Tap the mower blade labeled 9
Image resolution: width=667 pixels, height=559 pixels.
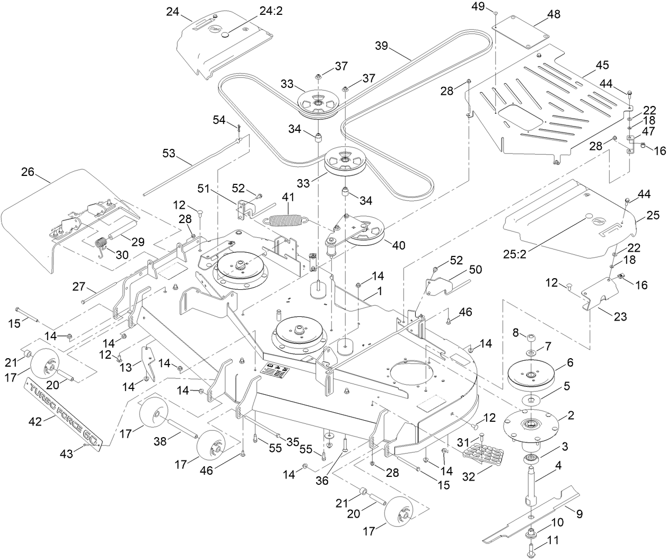click(530, 515)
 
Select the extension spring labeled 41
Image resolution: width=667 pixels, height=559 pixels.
click(286, 218)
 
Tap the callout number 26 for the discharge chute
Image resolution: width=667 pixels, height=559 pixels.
click(28, 172)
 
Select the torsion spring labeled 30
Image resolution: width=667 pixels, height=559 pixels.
click(101, 246)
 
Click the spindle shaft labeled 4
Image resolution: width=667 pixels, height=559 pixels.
click(531, 487)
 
